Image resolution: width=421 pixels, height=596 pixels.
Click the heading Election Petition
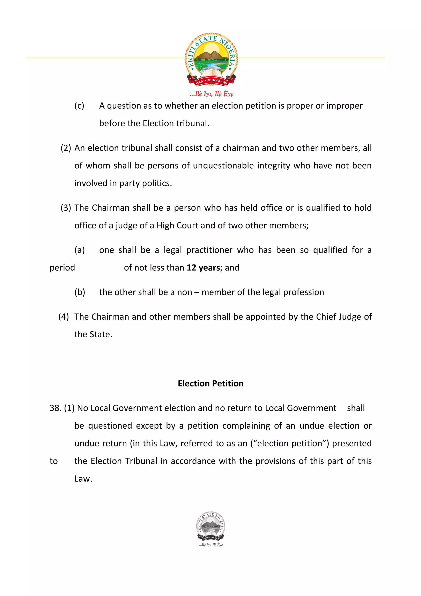click(x=211, y=383)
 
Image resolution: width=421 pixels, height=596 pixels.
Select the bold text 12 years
click(x=203, y=268)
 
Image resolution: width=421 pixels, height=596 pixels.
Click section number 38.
click(x=55, y=408)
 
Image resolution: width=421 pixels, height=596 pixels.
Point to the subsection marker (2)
click(x=66, y=148)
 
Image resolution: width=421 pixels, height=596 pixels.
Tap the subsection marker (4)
click(x=64, y=317)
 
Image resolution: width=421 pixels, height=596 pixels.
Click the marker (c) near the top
click(x=79, y=106)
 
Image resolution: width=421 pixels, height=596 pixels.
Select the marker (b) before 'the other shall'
click(x=80, y=292)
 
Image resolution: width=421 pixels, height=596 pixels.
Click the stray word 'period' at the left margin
click(x=62, y=268)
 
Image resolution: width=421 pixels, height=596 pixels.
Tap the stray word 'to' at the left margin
click(x=54, y=461)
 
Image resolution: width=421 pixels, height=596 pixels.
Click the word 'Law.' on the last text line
click(x=83, y=479)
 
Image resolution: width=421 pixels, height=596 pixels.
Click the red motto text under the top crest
click(x=211, y=94)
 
